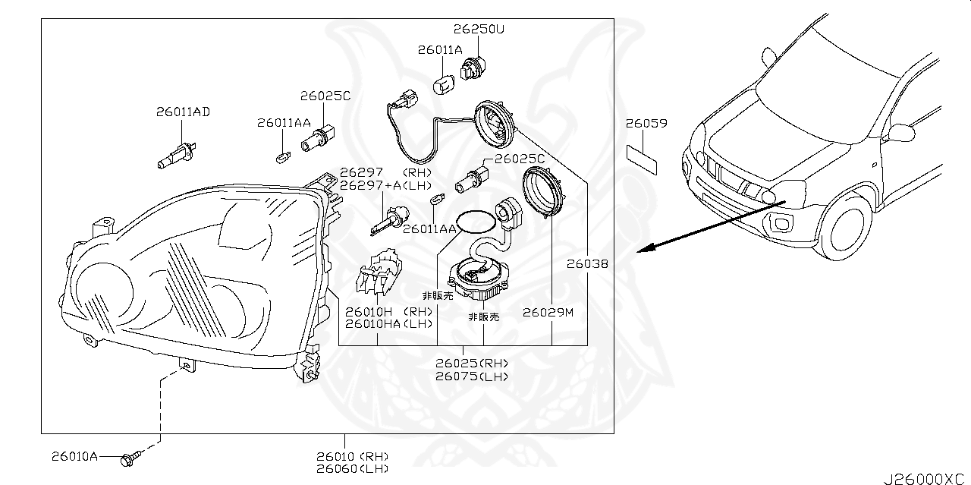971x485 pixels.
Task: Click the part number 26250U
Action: tap(479, 30)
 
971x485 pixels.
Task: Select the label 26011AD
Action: tap(183, 112)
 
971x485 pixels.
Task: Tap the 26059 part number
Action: tap(646, 123)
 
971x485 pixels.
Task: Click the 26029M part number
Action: tap(548, 312)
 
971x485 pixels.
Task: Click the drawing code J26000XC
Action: tap(925, 478)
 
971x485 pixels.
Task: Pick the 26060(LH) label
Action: tap(353, 469)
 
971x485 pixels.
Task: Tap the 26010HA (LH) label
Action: tap(378, 324)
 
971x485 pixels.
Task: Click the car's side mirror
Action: tap(768, 58)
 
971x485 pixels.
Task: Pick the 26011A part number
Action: tap(439, 50)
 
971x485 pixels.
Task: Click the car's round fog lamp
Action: tap(781, 222)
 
